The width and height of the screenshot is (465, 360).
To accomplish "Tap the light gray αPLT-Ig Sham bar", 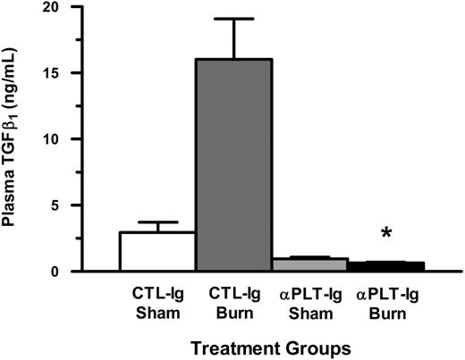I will (309, 264).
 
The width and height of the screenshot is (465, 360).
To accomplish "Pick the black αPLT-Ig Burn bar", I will (385, 266).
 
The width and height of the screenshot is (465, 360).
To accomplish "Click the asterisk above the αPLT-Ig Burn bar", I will (386, 234).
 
